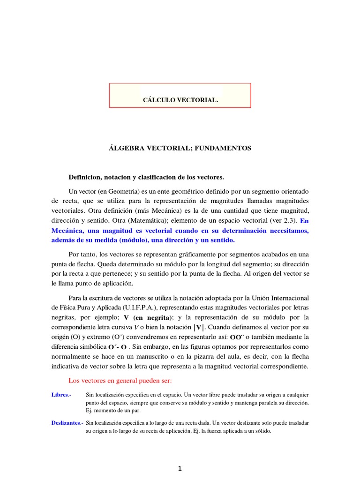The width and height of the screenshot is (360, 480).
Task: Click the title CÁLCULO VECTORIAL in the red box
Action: tap(180, 100)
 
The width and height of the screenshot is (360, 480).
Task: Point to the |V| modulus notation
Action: tap(199, 327)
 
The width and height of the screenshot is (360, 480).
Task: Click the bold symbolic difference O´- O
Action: tap(118, 347)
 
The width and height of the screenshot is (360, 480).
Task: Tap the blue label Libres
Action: tap(60, 395)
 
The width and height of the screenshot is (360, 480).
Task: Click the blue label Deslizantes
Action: tap(66, 423)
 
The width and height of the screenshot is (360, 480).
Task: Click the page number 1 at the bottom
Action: tap(180, 468)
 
